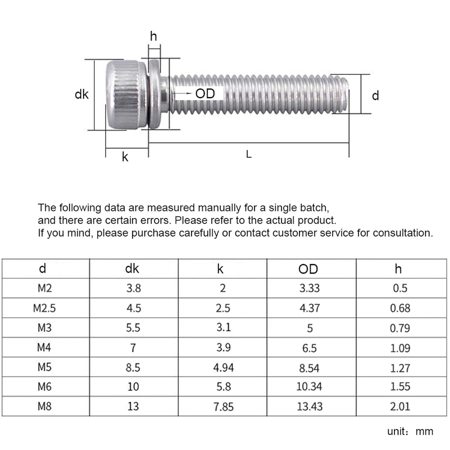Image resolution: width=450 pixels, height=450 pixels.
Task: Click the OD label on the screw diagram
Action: (x=205, y=94)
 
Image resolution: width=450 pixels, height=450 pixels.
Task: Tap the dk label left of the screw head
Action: (x=82, y=94)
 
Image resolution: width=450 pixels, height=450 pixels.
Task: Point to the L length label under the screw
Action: (x=249, y=154)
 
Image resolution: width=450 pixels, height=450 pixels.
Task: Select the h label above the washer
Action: (x=153, y=36)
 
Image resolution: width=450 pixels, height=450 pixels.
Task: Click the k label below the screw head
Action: (x=125, y=157)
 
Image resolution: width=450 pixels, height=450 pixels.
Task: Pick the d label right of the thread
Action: (x=375, y=96)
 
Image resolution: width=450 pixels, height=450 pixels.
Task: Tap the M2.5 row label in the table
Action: (x=44, y=308)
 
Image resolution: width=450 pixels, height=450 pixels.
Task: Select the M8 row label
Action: (x=44, y=406)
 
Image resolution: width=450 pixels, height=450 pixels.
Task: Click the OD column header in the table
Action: (x=308, y=269)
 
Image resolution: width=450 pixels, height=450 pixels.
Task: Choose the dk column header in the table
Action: (x=132, y=268)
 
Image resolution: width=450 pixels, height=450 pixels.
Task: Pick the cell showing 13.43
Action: (x=310, y=406)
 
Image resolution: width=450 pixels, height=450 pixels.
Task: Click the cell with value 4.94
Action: (x=223, y=367)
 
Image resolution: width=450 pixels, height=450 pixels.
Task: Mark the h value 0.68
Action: (x=400, y=308)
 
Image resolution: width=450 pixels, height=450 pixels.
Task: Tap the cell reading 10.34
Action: (x=309, y=387)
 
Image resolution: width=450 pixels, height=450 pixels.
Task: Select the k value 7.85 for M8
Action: (x=223, y=407)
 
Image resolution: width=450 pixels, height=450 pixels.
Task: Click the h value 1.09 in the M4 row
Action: (x=400, y=348)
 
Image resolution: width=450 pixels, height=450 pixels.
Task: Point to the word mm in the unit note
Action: (x=424, y=431)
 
